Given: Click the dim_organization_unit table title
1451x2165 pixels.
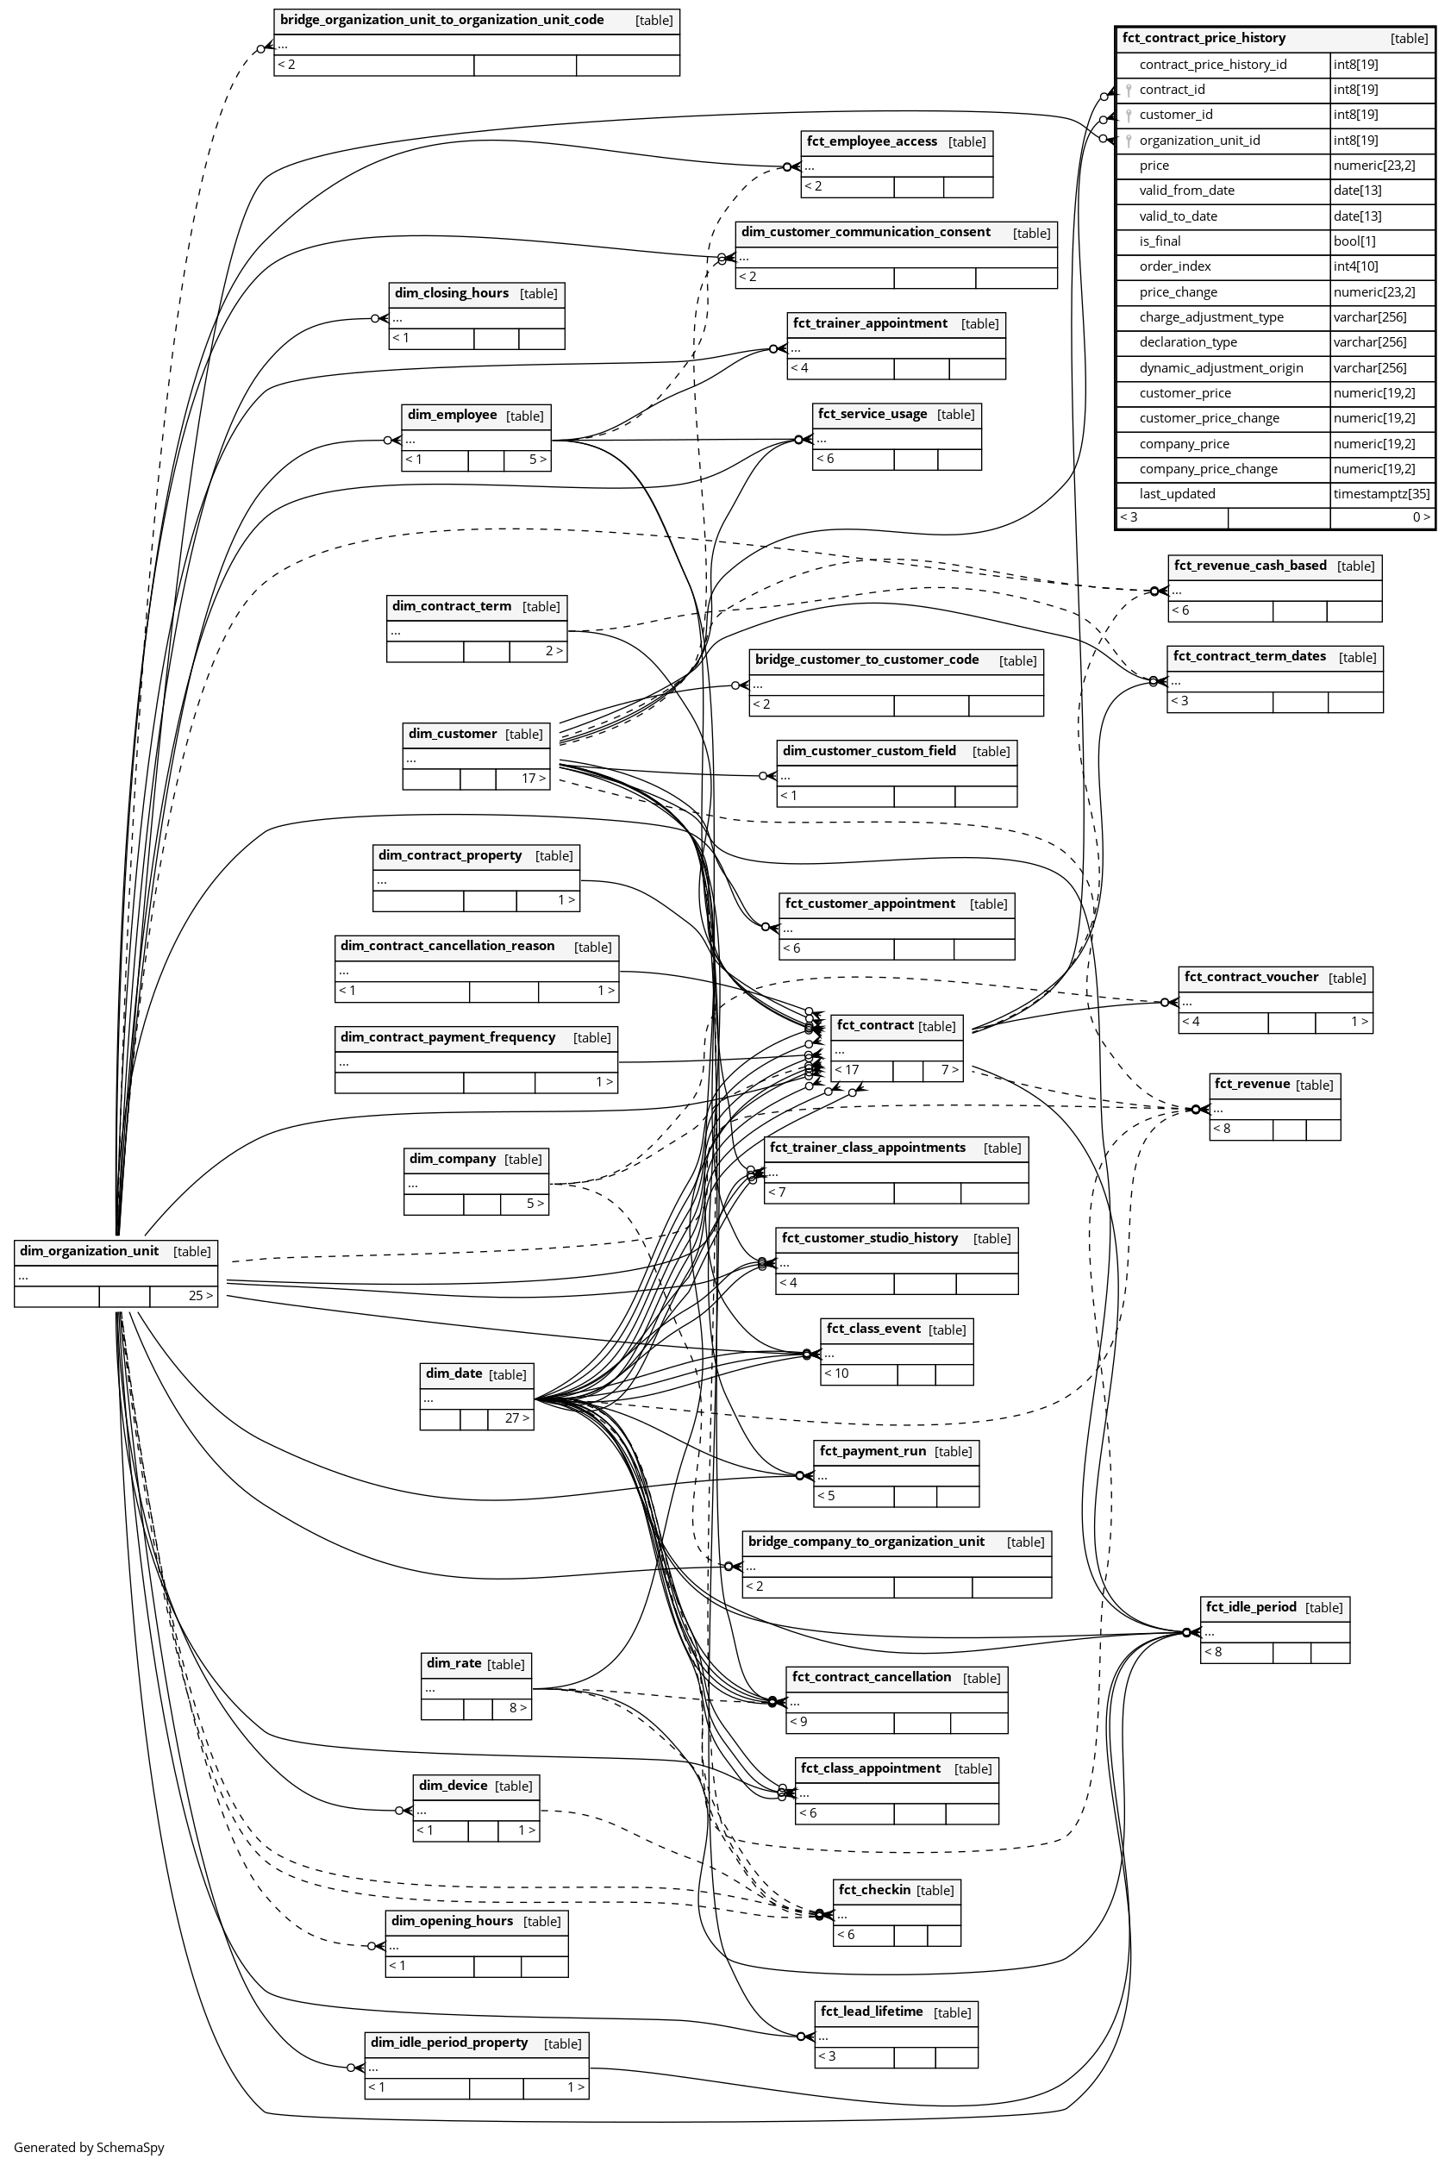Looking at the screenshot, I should pos(90,1251).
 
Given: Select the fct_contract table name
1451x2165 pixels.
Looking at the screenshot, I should pos(874,1025).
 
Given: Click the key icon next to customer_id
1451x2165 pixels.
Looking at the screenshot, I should pos(1128,116).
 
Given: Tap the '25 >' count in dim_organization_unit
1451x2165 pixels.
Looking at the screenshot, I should pos(200,1295).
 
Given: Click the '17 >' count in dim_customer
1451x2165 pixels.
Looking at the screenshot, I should pos(533,778).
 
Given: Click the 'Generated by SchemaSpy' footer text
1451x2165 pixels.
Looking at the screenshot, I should pos(89,2148).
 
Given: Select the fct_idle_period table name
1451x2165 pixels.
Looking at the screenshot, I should pos(1249,1607).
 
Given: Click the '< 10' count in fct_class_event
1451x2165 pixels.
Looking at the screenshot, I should pos(835,1373).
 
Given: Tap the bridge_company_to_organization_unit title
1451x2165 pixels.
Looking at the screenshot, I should pos(866,1542).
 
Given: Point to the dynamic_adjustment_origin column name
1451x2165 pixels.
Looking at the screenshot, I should pos(1221,368).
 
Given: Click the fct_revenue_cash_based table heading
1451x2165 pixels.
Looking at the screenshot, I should pos(1249,566).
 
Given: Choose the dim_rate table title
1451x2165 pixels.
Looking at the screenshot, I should pos(453,1663).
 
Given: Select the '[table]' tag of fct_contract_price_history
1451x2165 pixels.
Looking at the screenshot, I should pos(1409,39).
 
